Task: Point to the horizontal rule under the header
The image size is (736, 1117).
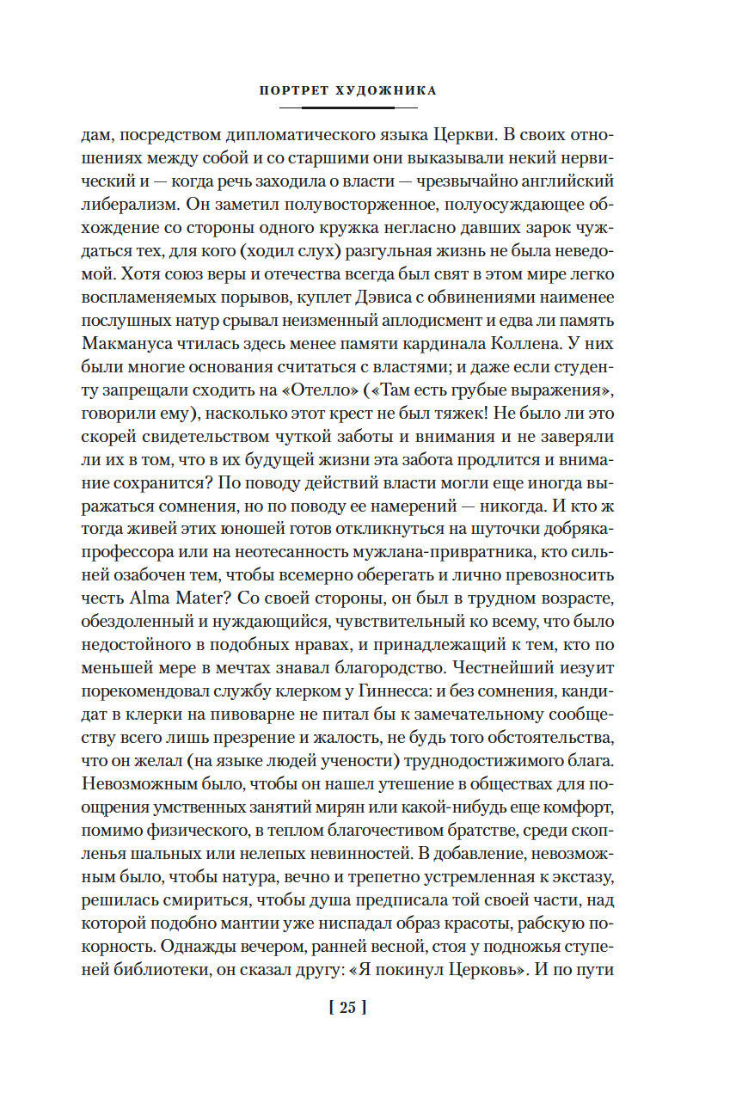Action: (x=347, y=107)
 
